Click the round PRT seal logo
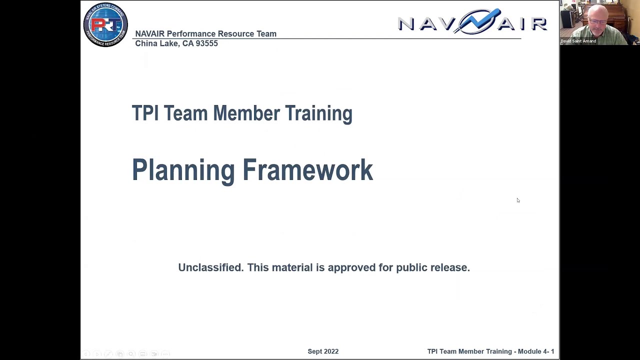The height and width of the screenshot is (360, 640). pyautogui.click(x=105, y=25)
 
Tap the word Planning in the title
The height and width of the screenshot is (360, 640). pyautogui.click(x=183, y=170)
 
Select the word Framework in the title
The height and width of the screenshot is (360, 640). pyautogui.click(x=307, y=170)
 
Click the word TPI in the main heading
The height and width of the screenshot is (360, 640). pyautogui.click(x=145, y=113)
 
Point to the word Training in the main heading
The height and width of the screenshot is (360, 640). pyautogui.click(x=318, y=114)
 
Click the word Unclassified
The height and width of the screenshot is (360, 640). pyautogui.click(x=210, y=267)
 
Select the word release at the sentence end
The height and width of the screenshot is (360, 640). pyautogui.click(x=449, y=267)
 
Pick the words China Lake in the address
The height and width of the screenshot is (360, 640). pyautogui.click(x=156, y=43)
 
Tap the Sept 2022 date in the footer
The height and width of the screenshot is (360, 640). pyautogui.click(x=323, y=351)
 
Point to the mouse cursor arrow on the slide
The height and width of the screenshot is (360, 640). pyautogui.click(x=518, y=200)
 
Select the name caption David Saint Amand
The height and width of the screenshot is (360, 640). pyautogui.click(x=578, y=41)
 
